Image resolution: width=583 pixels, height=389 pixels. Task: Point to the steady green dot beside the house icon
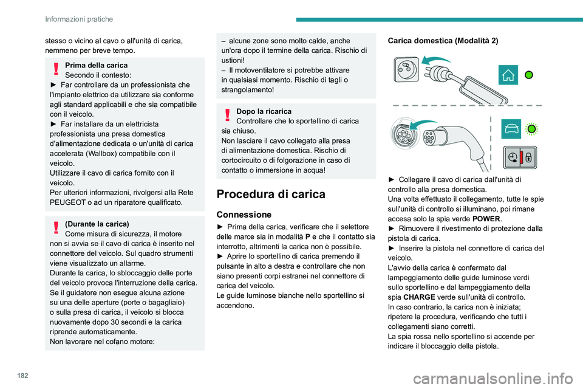click(x=530, y=75)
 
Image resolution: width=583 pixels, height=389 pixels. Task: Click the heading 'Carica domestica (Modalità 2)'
click(x=443, y=40)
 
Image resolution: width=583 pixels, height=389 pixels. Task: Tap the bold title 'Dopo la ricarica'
click(x=264, y=111)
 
